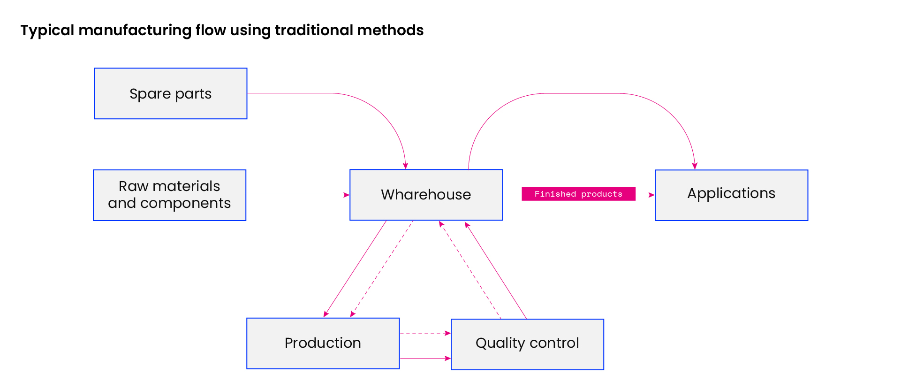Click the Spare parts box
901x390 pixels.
pos(171,93)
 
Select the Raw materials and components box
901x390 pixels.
pos(170,195)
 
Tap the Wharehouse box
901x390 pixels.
pos(426,195)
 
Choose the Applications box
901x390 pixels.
pos(732,195)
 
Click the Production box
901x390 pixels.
pos(323,344)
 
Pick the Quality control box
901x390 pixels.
pos(528,344)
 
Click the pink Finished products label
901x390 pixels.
pos(579,194)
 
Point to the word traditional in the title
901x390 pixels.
pos(314,30)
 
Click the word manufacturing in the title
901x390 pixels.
pos(135,31)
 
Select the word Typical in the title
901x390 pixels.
pos(47,31)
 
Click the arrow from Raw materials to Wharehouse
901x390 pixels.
pos(298,195)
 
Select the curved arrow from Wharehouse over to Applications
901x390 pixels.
pos(582,93)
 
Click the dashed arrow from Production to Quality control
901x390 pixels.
pos(425,333)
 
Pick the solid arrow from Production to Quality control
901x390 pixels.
pos(425,359)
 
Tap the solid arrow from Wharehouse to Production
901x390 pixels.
pos(355,269)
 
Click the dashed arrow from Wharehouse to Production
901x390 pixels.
pos(382,269)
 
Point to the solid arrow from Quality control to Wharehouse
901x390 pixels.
pos(496,271)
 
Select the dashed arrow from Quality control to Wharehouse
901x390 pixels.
pos(470,270)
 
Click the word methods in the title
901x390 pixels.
pos(390,30)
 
